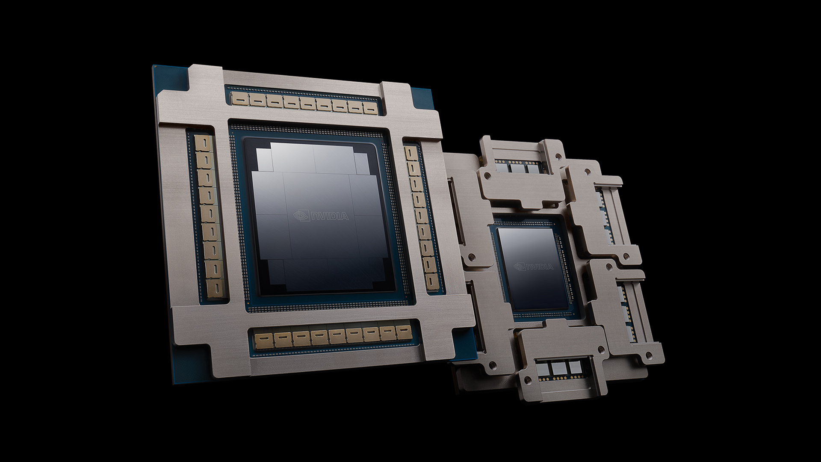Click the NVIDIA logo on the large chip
[x=321, y=216]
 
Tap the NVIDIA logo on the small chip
[x=533, y=267]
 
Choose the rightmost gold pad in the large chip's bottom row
[x=403, y=332]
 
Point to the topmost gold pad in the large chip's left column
[x=201, y=143]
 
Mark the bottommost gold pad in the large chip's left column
[x=213, y=286]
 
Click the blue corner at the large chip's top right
[x=417, y=94]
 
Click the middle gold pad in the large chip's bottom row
[x=335, y=336]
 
